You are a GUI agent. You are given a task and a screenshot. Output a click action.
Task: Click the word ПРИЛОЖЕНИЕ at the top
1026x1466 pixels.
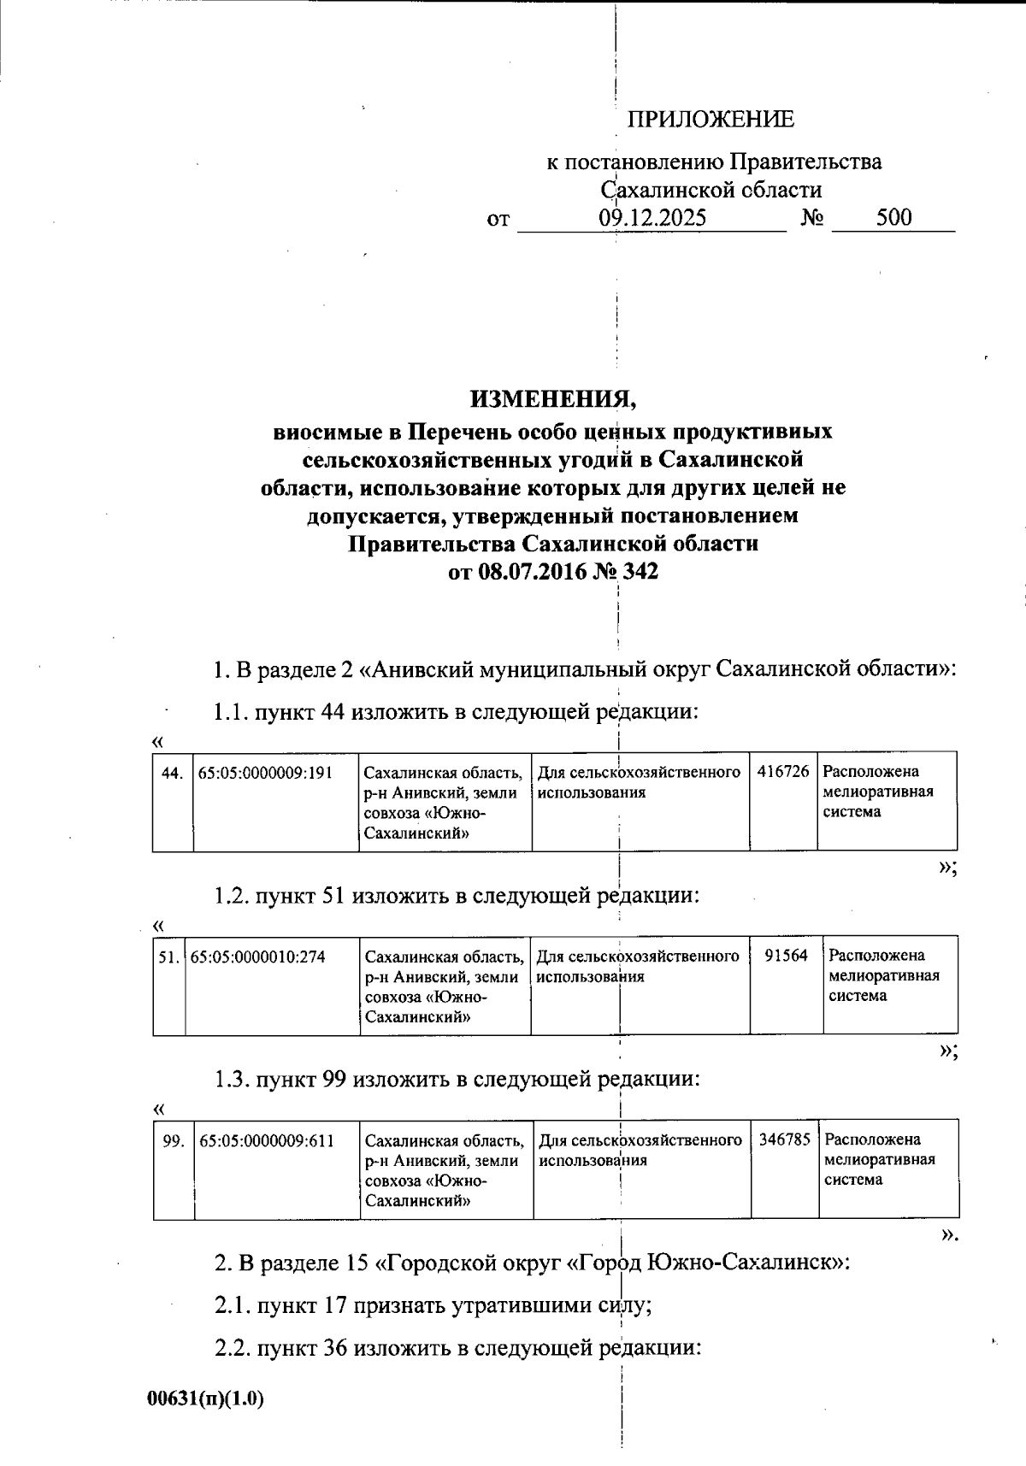pos(711,120)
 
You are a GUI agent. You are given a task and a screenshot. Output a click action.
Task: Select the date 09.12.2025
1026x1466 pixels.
pos(652,218)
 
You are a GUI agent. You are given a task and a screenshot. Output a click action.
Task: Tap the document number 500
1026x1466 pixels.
pos(893,217)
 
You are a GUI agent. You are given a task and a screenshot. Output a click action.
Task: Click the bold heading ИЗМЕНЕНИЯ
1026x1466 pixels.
pos(553,399)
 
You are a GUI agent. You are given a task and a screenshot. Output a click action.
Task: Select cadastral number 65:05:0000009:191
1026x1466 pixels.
pos(264,773)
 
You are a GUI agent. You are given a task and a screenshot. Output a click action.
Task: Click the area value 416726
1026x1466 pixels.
pos(782,772)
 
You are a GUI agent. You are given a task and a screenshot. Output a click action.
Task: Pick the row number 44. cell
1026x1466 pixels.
pos(172,773)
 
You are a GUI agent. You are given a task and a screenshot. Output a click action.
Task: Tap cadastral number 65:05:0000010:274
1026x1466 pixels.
pos(257,957)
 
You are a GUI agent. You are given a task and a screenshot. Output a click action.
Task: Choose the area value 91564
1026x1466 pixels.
pos(786,956)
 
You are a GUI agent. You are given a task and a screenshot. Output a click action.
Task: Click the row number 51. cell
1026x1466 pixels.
pos(168,957)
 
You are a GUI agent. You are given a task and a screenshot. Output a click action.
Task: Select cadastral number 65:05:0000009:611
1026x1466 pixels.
pos(266,1140)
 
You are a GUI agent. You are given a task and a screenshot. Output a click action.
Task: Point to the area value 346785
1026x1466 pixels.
pos(784,1139)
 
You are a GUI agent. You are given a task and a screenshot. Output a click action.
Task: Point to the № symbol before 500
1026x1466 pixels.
pos(811,218)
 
